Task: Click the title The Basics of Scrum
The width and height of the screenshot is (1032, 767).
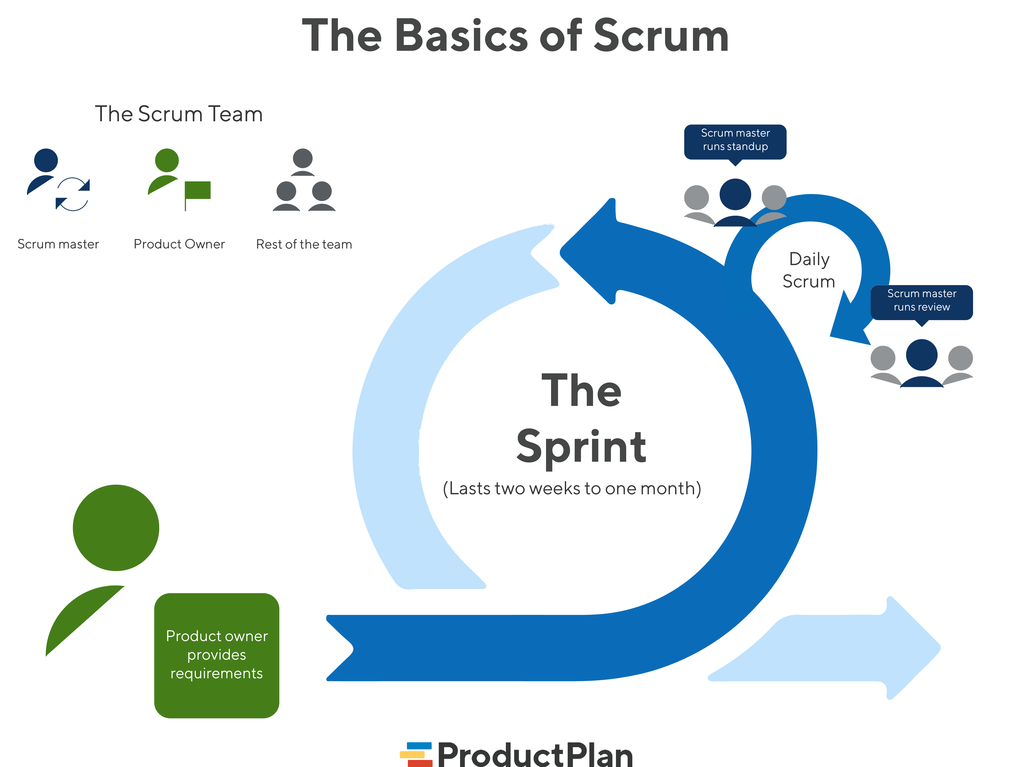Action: click(515, 36)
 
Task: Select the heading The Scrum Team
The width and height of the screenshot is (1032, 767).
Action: click(179, 114)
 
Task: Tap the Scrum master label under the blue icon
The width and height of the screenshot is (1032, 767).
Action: click(58, 244)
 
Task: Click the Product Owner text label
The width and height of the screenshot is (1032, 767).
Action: click(179, 244)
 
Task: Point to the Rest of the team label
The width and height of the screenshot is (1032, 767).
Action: click(304, 244)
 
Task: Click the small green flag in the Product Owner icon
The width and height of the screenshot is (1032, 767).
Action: click(198, 190)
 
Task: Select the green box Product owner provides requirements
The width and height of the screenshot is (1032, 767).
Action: click(217, 655)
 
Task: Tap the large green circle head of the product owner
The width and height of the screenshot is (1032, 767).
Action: click(116, 528)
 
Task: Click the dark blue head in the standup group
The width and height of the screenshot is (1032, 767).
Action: click(735, 195)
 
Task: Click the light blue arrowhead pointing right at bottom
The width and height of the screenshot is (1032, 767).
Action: click(909, 648)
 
